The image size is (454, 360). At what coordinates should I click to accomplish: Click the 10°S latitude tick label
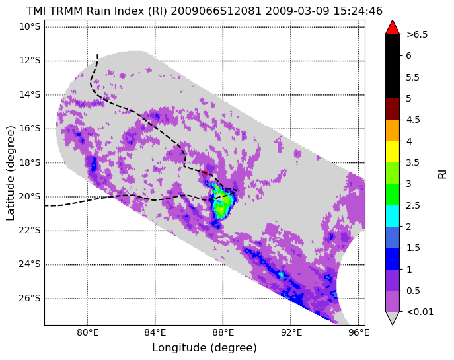coord(30,27)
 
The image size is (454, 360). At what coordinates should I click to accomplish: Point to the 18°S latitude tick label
coord(30,162)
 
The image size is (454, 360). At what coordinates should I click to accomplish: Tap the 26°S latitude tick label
coord(30,299)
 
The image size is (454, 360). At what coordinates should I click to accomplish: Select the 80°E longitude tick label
coord(87,333)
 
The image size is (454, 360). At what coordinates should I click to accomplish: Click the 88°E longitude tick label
coord(223,333)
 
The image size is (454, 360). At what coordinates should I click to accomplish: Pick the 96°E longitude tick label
coord(359,333)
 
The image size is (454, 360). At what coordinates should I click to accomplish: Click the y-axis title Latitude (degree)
coord(10,173)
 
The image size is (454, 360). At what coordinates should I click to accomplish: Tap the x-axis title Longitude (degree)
coord(204,348)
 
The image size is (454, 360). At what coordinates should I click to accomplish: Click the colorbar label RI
coord(442,174)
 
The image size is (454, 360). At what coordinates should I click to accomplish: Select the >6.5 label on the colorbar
coord(417,34)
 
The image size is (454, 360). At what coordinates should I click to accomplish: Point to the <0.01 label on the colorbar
coord(420,312)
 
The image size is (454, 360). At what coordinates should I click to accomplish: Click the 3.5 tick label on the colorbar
coord(413,162)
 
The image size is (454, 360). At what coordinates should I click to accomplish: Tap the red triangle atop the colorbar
coord(393,27)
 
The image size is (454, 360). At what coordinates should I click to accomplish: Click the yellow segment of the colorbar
coord(393,152)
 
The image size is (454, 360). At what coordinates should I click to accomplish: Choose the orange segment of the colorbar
coord(393,131)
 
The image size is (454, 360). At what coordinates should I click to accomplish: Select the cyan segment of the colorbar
coord(393,216)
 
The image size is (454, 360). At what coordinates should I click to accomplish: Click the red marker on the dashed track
coord(206,173)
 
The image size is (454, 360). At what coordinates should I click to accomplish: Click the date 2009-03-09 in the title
coord(297,11)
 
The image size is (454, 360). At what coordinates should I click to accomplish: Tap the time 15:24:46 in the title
coord(358,11)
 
